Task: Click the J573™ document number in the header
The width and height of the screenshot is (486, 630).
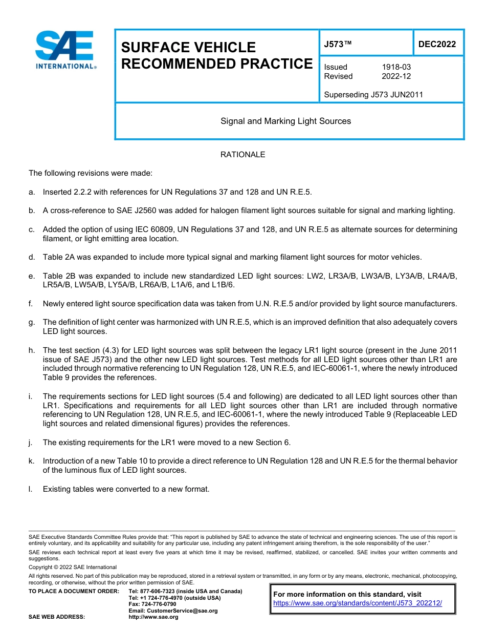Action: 338,45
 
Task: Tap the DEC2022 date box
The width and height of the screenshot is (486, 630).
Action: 437,45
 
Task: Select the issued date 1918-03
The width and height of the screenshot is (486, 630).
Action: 396,67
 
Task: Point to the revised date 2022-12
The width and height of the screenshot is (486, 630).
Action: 396,76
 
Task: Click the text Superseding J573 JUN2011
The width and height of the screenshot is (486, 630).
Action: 373,95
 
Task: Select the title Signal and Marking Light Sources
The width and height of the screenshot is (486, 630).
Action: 285,121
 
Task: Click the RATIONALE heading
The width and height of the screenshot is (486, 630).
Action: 242,155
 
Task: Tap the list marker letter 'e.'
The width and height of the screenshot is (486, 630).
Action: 32,276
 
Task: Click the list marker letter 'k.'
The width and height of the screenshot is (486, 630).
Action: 32,461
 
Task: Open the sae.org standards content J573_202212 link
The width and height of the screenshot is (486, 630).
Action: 357,603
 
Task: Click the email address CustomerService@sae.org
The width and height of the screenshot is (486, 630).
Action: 173,611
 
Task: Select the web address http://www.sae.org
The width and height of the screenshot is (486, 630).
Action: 153,617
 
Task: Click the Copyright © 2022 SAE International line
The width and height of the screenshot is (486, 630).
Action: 73,567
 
